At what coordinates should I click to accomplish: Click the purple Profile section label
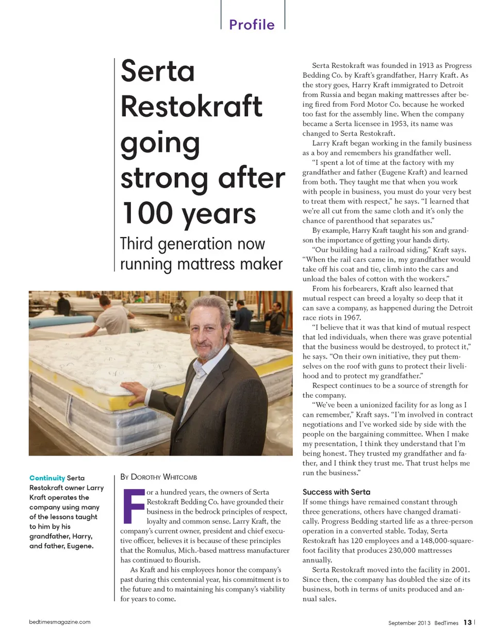[x=252, y=24]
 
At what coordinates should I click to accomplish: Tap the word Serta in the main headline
[x=158, y=71]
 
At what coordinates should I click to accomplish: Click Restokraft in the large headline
[x=191, y=106]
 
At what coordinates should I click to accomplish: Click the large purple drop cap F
[x=134, y=505]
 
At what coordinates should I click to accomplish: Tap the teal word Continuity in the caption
[x=47, y=478]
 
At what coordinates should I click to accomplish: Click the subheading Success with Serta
[x=336, y=492]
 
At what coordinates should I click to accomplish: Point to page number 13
[x=467, y=622]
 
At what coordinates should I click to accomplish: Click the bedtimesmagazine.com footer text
[x=60, y=622]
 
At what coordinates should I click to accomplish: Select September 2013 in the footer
[x=409, y=623]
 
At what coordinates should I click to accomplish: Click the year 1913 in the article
[x=426, y=65]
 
